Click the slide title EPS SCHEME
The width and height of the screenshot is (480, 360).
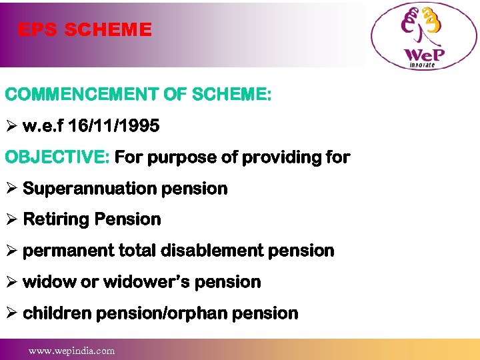pos(85,30)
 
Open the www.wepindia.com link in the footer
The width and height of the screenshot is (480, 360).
pos(71,350)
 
